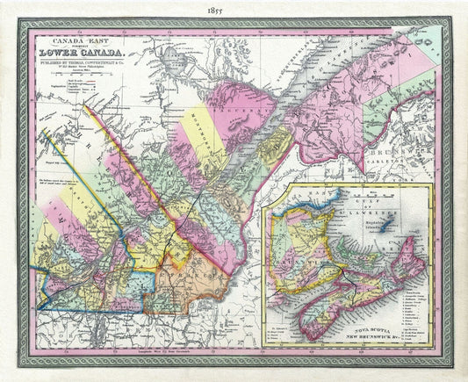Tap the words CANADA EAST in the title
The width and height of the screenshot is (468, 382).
[71, 40]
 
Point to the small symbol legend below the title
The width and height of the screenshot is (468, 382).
[70, 92]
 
